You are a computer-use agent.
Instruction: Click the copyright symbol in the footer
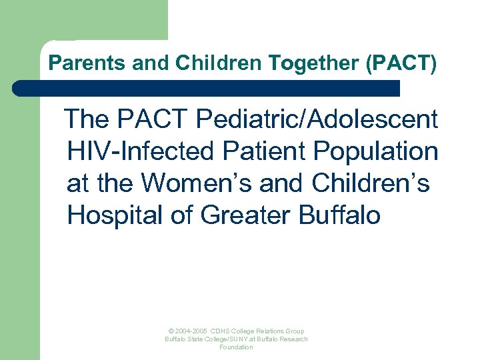coord(171,331)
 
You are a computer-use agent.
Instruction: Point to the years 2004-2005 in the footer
coord(191,331)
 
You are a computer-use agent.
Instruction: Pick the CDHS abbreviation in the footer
coord(220,331)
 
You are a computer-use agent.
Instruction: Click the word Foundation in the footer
coord(237,347)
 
